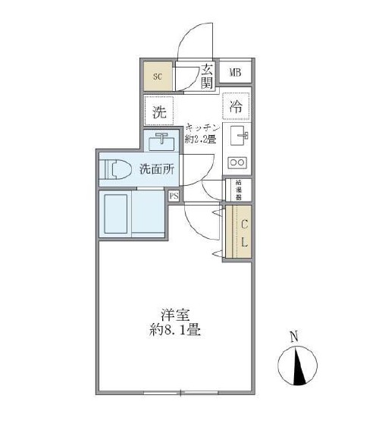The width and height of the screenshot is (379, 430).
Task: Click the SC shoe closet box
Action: (x=158, y=76)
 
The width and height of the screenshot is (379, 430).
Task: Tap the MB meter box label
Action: (x=236, y=73)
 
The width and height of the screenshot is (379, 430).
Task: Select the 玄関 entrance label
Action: (x=207, y=75)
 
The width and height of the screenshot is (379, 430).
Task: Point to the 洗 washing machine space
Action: (x=159, y=111)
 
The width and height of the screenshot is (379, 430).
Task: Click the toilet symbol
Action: (x=115, y=169)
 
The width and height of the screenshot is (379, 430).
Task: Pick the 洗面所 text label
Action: (x=156, y=169)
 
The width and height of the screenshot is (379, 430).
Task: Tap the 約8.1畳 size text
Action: (x=174, y=331)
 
